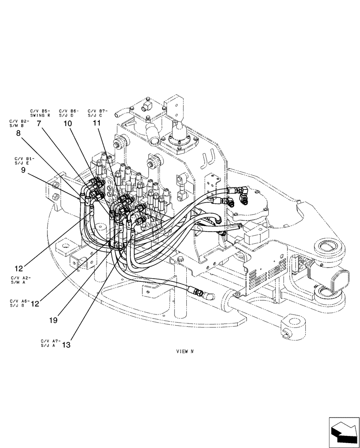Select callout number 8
point(18,133)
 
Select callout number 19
point(53,320)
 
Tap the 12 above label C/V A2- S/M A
point(18,269)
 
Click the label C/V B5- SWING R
point(40,112)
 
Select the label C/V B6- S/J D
point(69,112)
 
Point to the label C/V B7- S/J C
point(98,112)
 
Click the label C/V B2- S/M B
point(19,123)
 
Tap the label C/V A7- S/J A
point(49,343)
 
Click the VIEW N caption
point(184,352)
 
